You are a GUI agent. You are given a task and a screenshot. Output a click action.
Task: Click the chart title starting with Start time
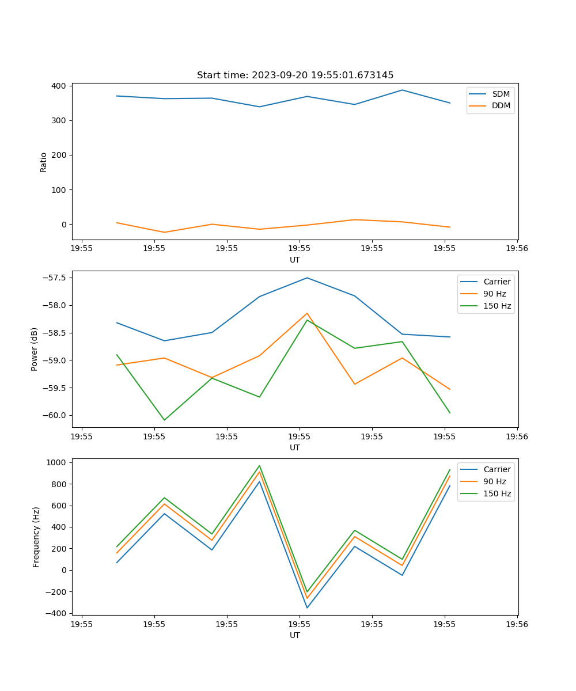(295, 75)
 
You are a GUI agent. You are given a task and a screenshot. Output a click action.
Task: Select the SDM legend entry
(501, 94)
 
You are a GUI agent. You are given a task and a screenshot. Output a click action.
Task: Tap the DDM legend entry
(501, 105)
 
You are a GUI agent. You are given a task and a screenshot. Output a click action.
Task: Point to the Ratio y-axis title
(44, 162)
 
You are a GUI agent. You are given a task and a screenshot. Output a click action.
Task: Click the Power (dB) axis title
(35, 349)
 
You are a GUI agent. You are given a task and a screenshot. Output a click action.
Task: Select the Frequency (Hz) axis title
(36, 537)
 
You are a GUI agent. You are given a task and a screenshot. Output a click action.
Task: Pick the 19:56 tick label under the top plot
(517, 249)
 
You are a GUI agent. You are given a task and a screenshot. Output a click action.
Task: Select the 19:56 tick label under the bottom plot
(517, 624)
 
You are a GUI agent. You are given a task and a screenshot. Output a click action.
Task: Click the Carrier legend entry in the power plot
(497, 282)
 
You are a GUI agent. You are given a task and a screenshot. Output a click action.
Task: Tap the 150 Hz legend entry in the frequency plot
(497, 493)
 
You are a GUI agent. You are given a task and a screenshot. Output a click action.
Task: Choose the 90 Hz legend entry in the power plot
(495, 294)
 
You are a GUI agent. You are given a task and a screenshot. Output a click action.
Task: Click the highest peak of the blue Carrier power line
(307, 278)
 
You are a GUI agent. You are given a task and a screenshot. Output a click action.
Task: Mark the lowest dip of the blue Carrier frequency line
(307, 608)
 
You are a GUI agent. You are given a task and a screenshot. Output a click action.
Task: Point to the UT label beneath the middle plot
(295, 447)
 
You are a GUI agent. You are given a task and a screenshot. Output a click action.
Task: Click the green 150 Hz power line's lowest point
(164, 420)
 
